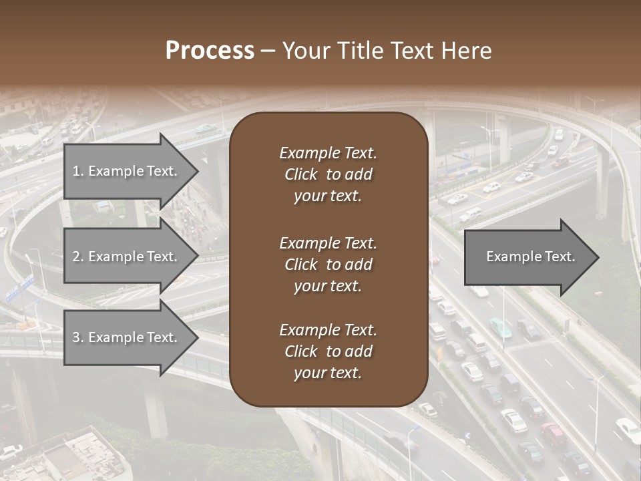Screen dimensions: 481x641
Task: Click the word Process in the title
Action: click(210, 51)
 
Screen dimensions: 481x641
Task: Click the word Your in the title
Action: click(304, 51)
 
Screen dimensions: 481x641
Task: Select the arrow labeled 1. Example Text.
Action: click(127, 171)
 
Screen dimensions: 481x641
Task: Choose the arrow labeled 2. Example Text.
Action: click(127, 257)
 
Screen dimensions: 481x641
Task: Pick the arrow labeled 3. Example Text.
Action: click(127, 337)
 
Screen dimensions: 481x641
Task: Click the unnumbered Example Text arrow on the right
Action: click(527, 257)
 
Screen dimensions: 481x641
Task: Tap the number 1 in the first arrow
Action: click(75, 171)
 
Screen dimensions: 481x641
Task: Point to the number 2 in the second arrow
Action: click(75, 257)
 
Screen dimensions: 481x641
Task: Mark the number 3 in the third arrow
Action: click(75, 337)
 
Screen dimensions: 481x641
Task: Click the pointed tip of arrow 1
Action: click(196, 171)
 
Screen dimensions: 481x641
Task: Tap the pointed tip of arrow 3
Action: click(196, 337)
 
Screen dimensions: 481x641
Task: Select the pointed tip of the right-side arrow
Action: click(597, 257)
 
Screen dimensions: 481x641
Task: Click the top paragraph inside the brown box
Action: click(328, 174)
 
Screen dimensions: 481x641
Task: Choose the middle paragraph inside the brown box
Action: click(328, 265)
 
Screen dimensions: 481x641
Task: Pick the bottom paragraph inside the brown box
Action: click(328, 351)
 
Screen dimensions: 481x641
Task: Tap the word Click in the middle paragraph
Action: click(300, 265)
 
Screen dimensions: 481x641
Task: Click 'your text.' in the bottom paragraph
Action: click(328, 373)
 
